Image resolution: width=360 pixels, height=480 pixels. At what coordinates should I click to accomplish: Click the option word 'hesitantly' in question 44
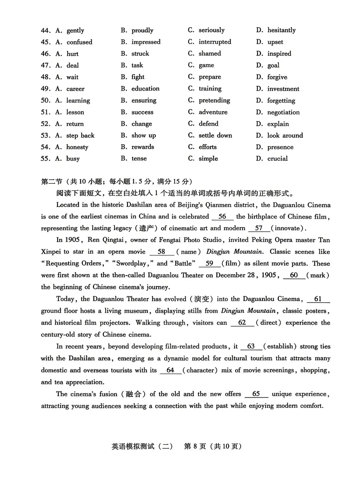[x=281, y=30]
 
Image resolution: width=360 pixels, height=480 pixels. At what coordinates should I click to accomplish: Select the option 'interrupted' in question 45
[x=215, y=42]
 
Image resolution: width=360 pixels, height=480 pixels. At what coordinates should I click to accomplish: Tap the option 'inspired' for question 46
[x=279, y=54]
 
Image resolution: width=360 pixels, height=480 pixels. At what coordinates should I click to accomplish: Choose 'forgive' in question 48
[x=277, y=77]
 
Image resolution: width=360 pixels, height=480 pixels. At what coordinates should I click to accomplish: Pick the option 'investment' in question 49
[x=283, y=89]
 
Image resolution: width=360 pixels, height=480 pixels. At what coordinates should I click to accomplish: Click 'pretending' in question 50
[x=214, y=100]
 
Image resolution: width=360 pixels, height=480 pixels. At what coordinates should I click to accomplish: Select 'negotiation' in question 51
[x=283, y=112]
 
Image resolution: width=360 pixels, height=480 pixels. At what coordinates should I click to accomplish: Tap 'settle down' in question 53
[x=215, y=135]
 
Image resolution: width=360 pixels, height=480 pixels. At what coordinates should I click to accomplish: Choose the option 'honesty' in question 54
[x=77, y=147]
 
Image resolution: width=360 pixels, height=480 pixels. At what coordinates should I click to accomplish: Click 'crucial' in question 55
[x=277, y=159]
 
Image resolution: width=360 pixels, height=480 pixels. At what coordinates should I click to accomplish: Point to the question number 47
[x=46, y=65]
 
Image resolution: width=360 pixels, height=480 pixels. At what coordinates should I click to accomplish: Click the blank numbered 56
[x=222, y=217]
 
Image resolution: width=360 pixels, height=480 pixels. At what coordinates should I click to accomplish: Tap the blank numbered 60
[x=294, y=275]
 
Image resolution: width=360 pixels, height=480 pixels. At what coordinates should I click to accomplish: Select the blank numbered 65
[x=256, y=394]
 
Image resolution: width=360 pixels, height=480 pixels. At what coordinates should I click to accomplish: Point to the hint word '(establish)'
[x=280, y=346]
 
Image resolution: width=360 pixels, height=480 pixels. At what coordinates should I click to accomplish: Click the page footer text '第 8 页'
[x=195, y=446]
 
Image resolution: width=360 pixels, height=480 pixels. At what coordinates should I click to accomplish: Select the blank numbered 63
[x=251, y=346]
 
